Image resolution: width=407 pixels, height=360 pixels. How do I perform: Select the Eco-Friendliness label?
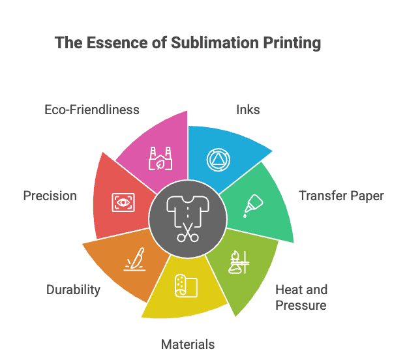[x=92, y=110]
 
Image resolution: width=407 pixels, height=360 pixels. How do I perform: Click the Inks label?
[x=248, y=110]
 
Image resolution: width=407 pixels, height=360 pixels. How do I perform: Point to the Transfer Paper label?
[x=341, y=196]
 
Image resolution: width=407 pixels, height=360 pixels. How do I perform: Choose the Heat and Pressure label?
[x=301, y=297]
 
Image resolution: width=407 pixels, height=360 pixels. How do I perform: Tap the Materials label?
[x=188, y=344]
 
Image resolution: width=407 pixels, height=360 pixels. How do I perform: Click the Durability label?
[x=73, y=290]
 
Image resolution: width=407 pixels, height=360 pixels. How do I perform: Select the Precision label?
[x=50, y=196]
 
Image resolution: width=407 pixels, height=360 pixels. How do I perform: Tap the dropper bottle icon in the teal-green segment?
[x=251, y=205]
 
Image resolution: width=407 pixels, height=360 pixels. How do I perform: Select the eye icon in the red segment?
[x=122, y=202]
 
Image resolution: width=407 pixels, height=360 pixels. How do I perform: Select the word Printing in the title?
[x=289, y=43]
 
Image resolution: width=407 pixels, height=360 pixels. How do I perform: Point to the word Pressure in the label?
[x=301, y=305]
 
